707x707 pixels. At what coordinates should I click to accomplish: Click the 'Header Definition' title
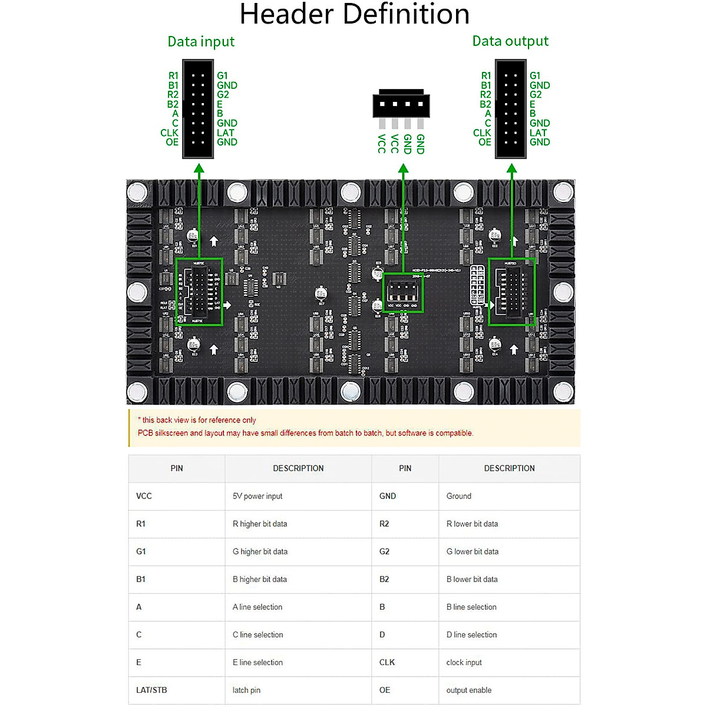(x=354, y=14)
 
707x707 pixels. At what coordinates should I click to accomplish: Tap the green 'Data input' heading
(x=201, y=41)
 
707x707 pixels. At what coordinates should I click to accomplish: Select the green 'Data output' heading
(x=510, y=41)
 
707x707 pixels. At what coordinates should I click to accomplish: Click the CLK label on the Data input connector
(x=169, y=133)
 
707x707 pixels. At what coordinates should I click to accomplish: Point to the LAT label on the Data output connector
(x=538, y=133)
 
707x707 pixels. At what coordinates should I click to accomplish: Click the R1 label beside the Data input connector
(x=173, y=75)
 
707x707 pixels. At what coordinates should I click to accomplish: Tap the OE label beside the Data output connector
(x=485, y=142)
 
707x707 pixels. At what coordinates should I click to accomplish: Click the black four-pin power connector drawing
(x=401, y=104)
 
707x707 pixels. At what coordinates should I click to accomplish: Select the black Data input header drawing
(x=198, y=109)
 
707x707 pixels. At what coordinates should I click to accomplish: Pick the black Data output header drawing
(x=511, y=109)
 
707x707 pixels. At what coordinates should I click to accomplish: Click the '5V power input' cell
(x=257, y=496)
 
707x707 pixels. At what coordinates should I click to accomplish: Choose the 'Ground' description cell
(x=459, y=496)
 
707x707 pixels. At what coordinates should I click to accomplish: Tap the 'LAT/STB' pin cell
(x=151, y=690)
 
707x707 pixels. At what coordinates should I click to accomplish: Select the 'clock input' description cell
(x=464, y=662)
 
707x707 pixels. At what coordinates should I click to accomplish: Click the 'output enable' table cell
(x=469, y=690)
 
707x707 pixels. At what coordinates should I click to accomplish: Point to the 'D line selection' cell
(x=471, y=635)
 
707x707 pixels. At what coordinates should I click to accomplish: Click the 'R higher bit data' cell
(x=260, y=524)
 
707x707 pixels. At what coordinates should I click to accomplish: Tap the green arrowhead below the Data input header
(x=199, y=170)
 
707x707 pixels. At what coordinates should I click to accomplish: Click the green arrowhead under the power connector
(x=404, y=170)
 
